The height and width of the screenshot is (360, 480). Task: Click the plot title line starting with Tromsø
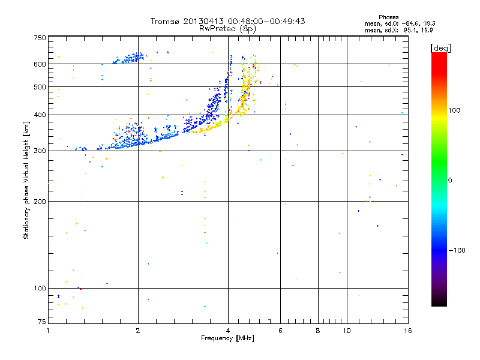click(227, 21)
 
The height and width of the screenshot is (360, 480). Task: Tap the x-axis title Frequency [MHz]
click(227, 339)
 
